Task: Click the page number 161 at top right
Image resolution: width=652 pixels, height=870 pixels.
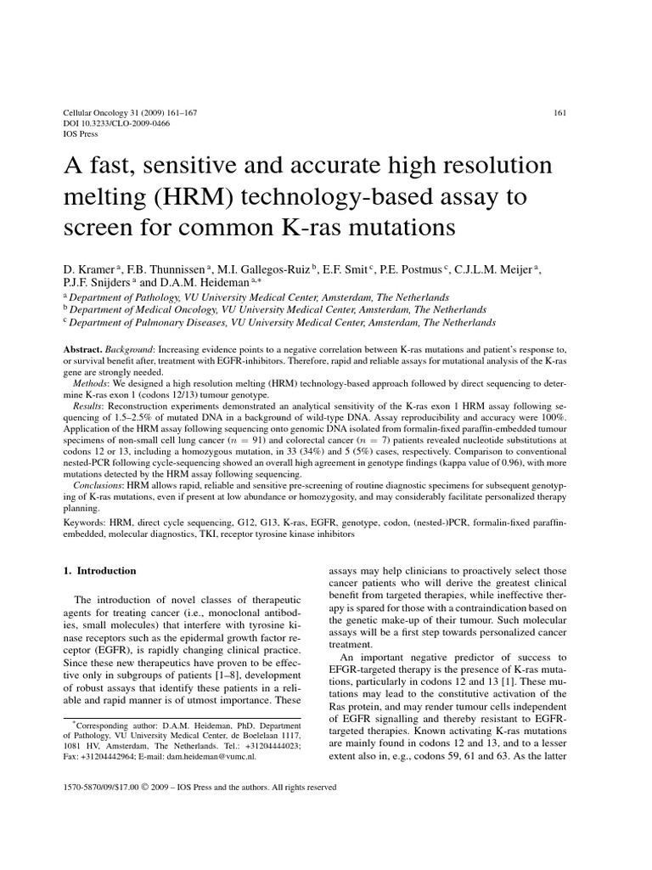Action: (x=559, y=112)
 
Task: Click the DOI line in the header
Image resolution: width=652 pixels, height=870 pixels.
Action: (x=117, y=123)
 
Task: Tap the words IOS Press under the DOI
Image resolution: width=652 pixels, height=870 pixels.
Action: (x=82, y=134)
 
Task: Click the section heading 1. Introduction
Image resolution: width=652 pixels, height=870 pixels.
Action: (x=100, y=572)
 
